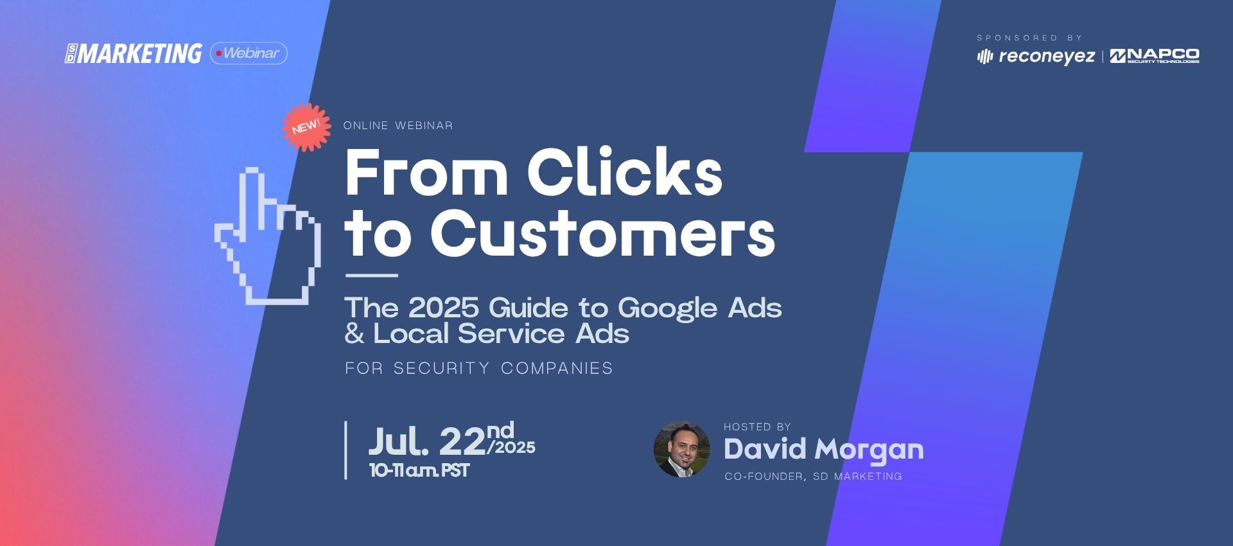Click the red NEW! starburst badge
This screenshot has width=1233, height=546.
307,127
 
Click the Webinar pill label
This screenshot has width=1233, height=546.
249,53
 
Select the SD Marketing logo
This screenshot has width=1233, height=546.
134,53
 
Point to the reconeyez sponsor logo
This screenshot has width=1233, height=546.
1036,57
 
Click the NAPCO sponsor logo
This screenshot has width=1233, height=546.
1155,56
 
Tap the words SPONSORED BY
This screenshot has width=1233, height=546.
1029,38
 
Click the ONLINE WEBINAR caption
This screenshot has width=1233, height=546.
398,125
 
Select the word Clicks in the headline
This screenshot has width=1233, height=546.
625,172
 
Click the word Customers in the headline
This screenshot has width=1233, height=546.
603,233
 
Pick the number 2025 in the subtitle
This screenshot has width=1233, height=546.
444,308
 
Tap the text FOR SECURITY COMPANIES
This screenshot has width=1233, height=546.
479,368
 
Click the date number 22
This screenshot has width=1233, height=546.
462,442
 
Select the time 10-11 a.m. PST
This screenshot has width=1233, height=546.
419,471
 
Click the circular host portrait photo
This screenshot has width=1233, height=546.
682,450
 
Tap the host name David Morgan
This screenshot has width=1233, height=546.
824,450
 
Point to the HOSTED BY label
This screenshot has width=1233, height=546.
757,427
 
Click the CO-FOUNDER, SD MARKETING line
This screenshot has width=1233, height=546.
814,477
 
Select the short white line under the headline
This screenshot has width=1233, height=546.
372,276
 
